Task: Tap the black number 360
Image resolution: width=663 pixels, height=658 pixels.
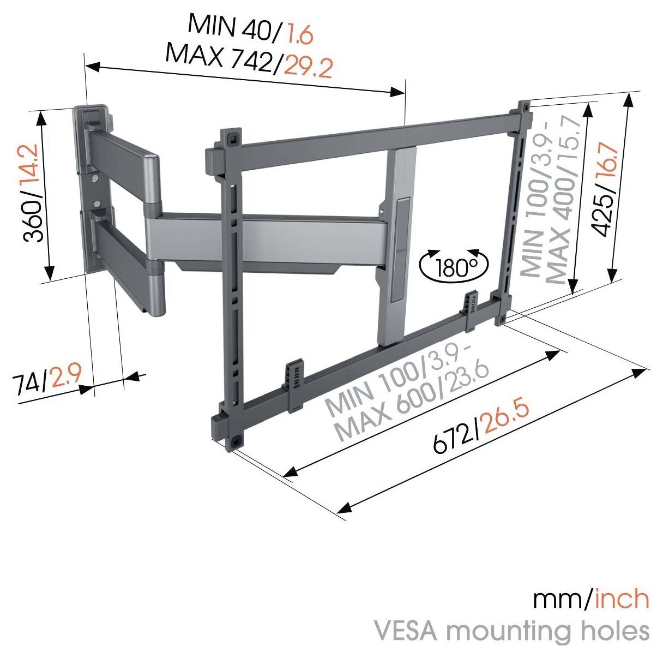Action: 34,220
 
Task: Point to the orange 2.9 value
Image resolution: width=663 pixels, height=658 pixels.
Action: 64,376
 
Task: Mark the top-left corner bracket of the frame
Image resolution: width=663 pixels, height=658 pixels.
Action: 231,137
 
